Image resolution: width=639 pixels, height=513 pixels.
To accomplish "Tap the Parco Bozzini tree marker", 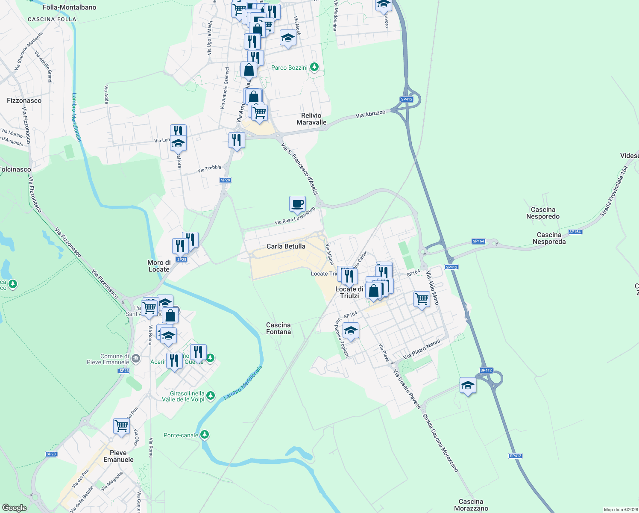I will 314,67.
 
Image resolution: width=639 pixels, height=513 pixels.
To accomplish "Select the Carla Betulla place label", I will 286,246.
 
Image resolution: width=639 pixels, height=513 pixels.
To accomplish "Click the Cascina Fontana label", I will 278,328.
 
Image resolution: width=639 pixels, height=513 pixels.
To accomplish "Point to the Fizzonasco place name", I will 24,100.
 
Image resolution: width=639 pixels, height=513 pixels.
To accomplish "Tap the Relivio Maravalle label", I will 311,119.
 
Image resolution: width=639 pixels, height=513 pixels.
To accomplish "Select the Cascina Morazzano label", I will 471,505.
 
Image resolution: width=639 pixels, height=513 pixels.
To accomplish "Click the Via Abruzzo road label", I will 371,114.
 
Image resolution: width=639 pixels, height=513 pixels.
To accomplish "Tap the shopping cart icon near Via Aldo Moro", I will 422,299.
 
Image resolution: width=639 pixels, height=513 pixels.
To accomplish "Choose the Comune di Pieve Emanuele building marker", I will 136,358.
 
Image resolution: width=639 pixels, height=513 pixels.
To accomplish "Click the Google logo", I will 15,508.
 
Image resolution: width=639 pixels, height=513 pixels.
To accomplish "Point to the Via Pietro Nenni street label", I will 422,349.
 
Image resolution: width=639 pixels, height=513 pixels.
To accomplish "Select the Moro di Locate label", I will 159,266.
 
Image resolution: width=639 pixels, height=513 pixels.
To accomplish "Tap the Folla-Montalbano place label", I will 70,7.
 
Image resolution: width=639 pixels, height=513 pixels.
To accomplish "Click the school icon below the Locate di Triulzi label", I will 351,331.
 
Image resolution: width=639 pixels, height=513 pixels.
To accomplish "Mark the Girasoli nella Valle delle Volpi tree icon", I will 211,396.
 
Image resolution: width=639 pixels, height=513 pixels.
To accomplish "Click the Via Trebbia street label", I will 209,169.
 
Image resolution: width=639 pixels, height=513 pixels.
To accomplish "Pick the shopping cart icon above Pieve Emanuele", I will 122,426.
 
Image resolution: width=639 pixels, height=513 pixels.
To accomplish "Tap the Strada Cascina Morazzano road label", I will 440,442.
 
